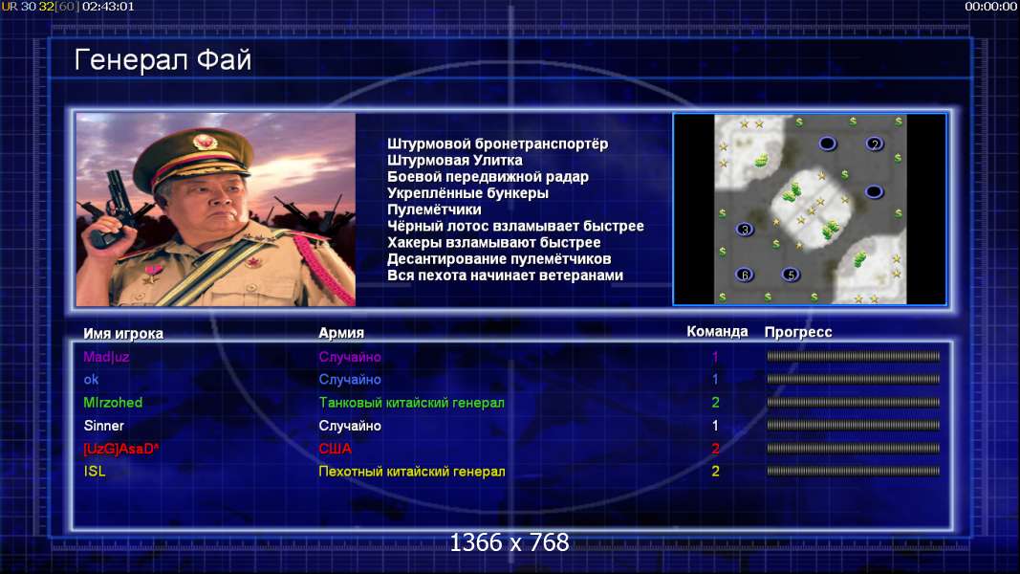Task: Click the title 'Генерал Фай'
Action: [163, 60]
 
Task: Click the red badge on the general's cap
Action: [205, 142]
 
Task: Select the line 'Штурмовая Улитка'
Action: [455, 160]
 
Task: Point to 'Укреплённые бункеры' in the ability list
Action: [467, 193]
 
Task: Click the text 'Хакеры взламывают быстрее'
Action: [493, 243]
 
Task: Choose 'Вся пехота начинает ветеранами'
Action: [505, 276]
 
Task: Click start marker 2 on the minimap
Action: [875, 143]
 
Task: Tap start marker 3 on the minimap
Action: [744, 229]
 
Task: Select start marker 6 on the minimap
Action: [744, 275]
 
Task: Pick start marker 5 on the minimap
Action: [791, 275]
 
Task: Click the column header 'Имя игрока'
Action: [123, 333]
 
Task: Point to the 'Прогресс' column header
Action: [798, 332]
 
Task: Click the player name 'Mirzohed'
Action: [113, 402]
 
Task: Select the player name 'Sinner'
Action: [103, 426]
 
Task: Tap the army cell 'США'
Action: [335, 449]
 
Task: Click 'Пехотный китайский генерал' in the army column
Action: [412, 472]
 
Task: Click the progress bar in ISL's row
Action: [853, 471]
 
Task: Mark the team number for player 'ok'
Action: [715, 379]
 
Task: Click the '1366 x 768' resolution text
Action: [510, 542]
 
